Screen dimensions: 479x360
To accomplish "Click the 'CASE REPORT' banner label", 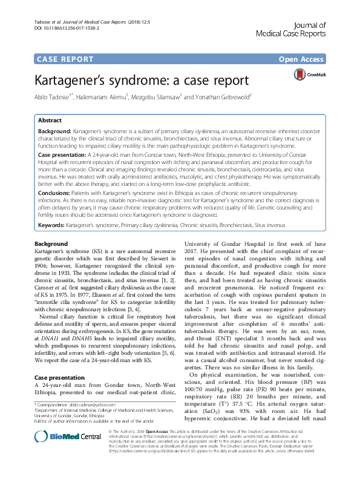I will click(66, 59).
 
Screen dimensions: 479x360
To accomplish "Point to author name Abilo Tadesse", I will click(51, 97).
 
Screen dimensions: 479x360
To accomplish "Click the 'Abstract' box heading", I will click(50, 120).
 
